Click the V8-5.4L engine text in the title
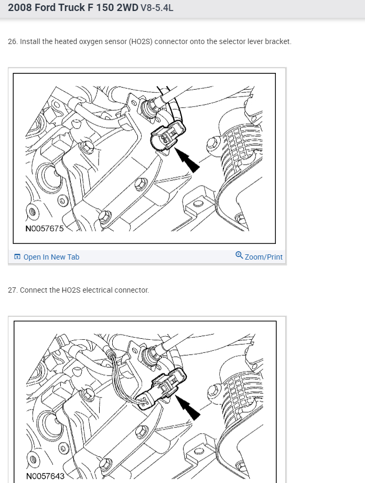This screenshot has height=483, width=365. [x=157, y=7]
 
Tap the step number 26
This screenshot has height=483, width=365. [x=12, y=41]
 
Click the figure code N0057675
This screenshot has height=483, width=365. [x=45, y=228]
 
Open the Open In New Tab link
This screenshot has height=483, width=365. [x=51, y=257]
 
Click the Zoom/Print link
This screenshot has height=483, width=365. [x=263, y=257]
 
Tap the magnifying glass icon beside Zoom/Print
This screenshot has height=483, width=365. [x=239, y=255]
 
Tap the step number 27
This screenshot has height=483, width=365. [x=12, y=290]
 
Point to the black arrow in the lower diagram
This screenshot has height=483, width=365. [x=188, y=407]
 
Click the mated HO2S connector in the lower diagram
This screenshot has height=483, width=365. [x=162, y=389]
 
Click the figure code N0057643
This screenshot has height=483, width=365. [x=45, y=476]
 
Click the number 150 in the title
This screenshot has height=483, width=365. [x=105, y=7]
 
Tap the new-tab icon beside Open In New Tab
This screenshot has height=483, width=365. [x=17, y=256]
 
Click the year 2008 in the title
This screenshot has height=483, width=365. [x=20, y=7]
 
